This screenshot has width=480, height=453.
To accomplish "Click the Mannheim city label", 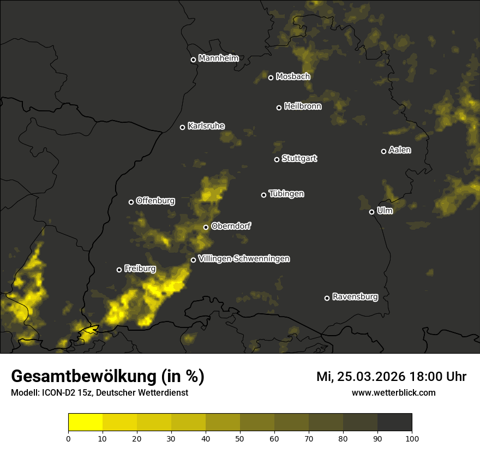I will pos(218,58).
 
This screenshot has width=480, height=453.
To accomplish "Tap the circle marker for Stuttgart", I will pos(277,159).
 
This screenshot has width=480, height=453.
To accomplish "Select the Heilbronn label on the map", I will pos(303,106).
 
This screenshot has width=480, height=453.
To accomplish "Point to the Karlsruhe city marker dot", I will pos(182,127).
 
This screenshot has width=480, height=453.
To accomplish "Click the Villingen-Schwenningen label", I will pos(244,259).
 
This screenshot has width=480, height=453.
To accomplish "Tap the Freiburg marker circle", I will pos(119,270).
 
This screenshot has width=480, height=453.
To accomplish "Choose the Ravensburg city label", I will pos(355,297).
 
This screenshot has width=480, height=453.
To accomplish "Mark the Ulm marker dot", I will pos(371,212).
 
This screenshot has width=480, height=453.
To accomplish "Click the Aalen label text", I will pos(399,150).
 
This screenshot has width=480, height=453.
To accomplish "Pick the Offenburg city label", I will pos(155,201).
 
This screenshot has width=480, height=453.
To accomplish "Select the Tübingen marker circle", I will pos(263,195).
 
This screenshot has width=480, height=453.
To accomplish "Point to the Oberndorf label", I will pos(231,226).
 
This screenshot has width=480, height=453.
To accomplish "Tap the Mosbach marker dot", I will pos(271,78).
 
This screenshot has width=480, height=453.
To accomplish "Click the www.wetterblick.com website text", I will pos(393,392).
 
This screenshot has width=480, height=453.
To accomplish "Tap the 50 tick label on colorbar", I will pos(240,438).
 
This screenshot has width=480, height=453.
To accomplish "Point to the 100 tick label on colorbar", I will pos(412,438).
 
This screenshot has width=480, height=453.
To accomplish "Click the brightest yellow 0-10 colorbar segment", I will pos(86,422).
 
